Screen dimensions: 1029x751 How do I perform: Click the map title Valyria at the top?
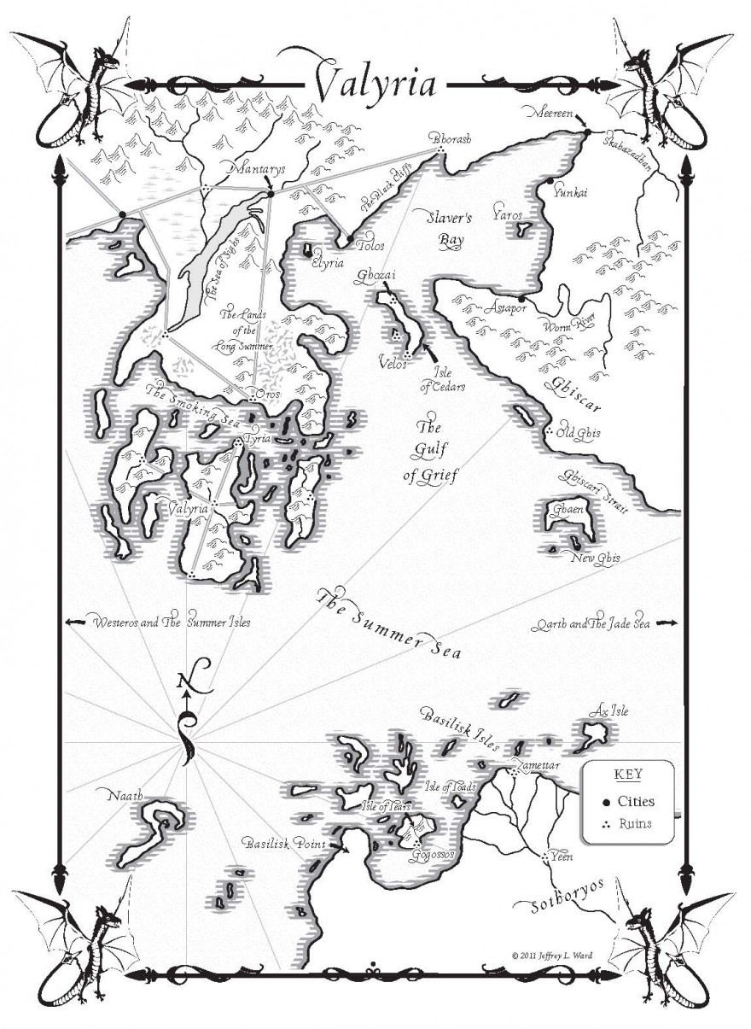375,83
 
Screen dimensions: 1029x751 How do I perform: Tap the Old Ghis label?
578,433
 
